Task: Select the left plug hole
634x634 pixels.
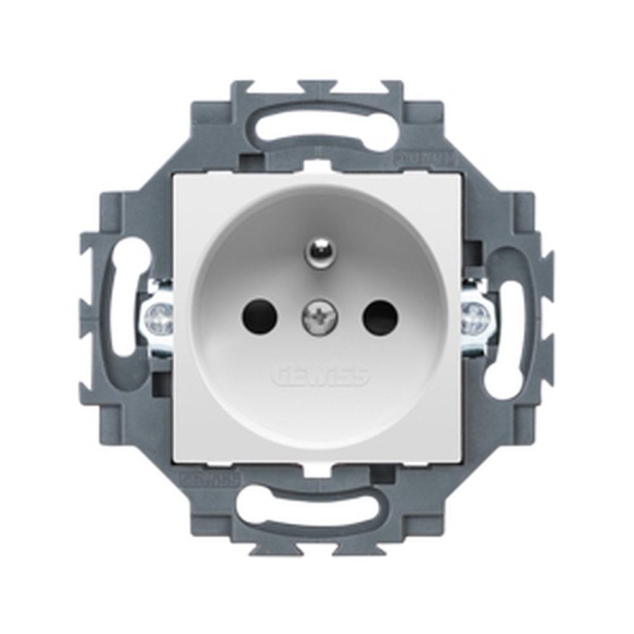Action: [260, 317]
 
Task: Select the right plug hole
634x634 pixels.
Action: [379, 317]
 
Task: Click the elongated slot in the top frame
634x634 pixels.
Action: [320, 127]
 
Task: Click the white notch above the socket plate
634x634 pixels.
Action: [315, 167]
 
